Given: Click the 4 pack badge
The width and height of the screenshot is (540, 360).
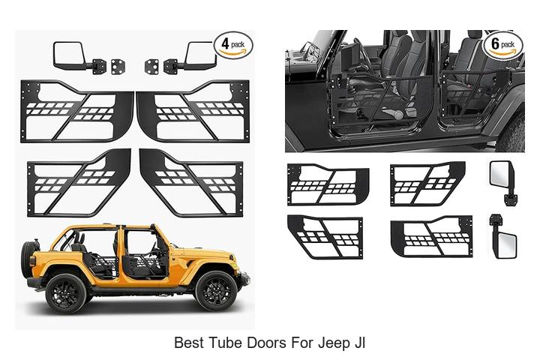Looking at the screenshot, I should point(233,45).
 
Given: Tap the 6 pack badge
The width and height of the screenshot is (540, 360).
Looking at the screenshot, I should point(502,45).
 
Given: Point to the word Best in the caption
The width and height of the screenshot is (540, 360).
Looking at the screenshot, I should point(189,343).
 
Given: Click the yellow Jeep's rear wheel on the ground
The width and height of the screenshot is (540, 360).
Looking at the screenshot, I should point(66,292).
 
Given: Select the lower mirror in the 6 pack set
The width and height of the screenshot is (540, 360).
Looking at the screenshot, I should point(503,238).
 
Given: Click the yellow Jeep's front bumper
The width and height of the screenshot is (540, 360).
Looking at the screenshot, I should point(244,279).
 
